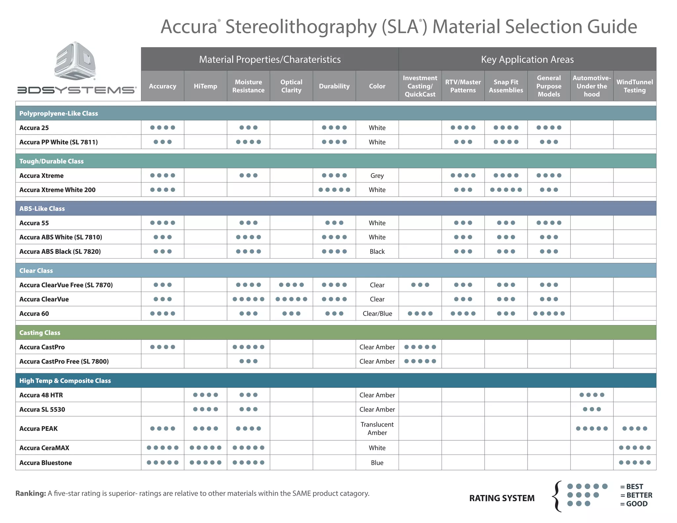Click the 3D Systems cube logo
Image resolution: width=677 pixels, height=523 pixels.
click(75, 61)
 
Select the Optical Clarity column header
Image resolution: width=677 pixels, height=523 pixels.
click(291, 86)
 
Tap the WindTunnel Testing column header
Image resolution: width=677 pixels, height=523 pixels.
click(634, 86)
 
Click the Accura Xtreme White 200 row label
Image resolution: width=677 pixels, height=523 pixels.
click(57, 190)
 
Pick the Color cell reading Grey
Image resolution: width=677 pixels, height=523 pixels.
click(377, 176)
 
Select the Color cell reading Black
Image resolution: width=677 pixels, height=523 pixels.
click(377, 252)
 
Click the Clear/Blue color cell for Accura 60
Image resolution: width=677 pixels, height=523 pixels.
click(377, 313)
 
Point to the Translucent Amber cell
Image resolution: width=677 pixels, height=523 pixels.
click(377, 428)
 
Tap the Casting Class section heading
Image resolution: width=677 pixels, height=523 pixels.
click(40, 333)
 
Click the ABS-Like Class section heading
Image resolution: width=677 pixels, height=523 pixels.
click(42, 209)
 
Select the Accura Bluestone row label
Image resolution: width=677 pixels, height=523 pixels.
click(46, 463)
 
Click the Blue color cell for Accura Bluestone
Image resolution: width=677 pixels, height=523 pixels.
click(377, 463)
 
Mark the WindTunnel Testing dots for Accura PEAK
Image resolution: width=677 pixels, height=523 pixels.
click(634, 428)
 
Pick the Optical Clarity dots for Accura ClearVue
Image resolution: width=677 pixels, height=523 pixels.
click(291, 299)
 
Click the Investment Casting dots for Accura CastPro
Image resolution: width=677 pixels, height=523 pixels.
click(420, 347)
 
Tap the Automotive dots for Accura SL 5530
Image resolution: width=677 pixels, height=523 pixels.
click(591, 409)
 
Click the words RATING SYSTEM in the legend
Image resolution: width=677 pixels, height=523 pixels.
click(501, 498)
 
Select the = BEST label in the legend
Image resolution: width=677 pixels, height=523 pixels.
click(631, 487)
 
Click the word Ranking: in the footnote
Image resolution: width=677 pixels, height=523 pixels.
click(31, 493)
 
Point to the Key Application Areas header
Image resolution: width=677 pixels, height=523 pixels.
click(527, 60)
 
